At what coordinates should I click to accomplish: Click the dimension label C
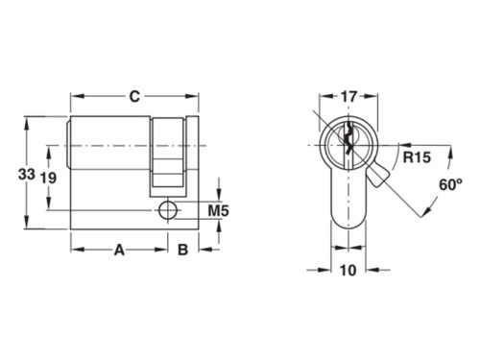(x=135, y=95)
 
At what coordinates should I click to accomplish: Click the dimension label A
(x=120, y=251)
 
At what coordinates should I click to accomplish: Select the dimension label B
(x=181, y=251)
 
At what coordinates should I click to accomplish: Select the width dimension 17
(x=348, y=96)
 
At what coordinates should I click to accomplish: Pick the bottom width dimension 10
(x=348, y=271)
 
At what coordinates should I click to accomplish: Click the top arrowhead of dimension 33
(x=27, y=122)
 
